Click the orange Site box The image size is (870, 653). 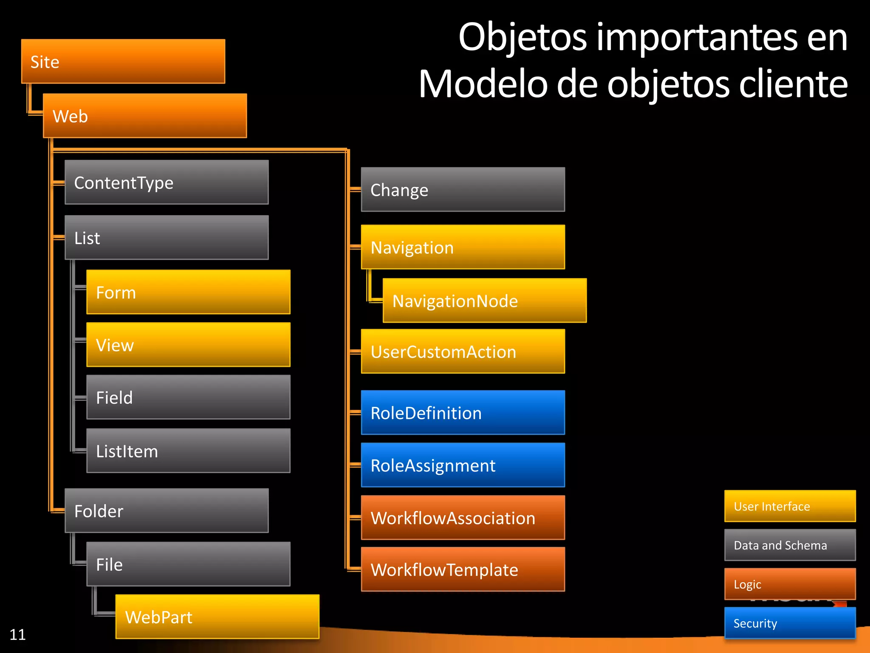[x=123, y=61]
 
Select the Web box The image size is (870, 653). [x=145, y=116]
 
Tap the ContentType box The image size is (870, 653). [x=167, y=182]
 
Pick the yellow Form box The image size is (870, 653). [x=188, y=292]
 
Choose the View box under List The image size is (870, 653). [x=188, y=345]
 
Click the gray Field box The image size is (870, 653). [x=188, y=397]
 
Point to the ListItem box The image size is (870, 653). [x=188, y=451]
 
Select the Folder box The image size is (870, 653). [x=167, y=511]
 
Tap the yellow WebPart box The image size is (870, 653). [x=217, y=617]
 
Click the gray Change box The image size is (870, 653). [x=463, y=190]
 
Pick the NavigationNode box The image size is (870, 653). [x=484, y=301]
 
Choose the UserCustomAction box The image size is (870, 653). [x=463, y=352]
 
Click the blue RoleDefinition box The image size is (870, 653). [x=463, y=413]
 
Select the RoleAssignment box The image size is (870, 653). [x=463, y=465]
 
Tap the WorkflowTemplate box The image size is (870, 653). [x=463, y=569]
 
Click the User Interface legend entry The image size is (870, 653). [x=790, y=506]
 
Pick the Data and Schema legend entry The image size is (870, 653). [x=790, y=545]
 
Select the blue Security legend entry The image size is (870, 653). [x=790, y=623]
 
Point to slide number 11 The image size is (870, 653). [x=17, y=635]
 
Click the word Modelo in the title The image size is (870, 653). [x=483, y=84]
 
